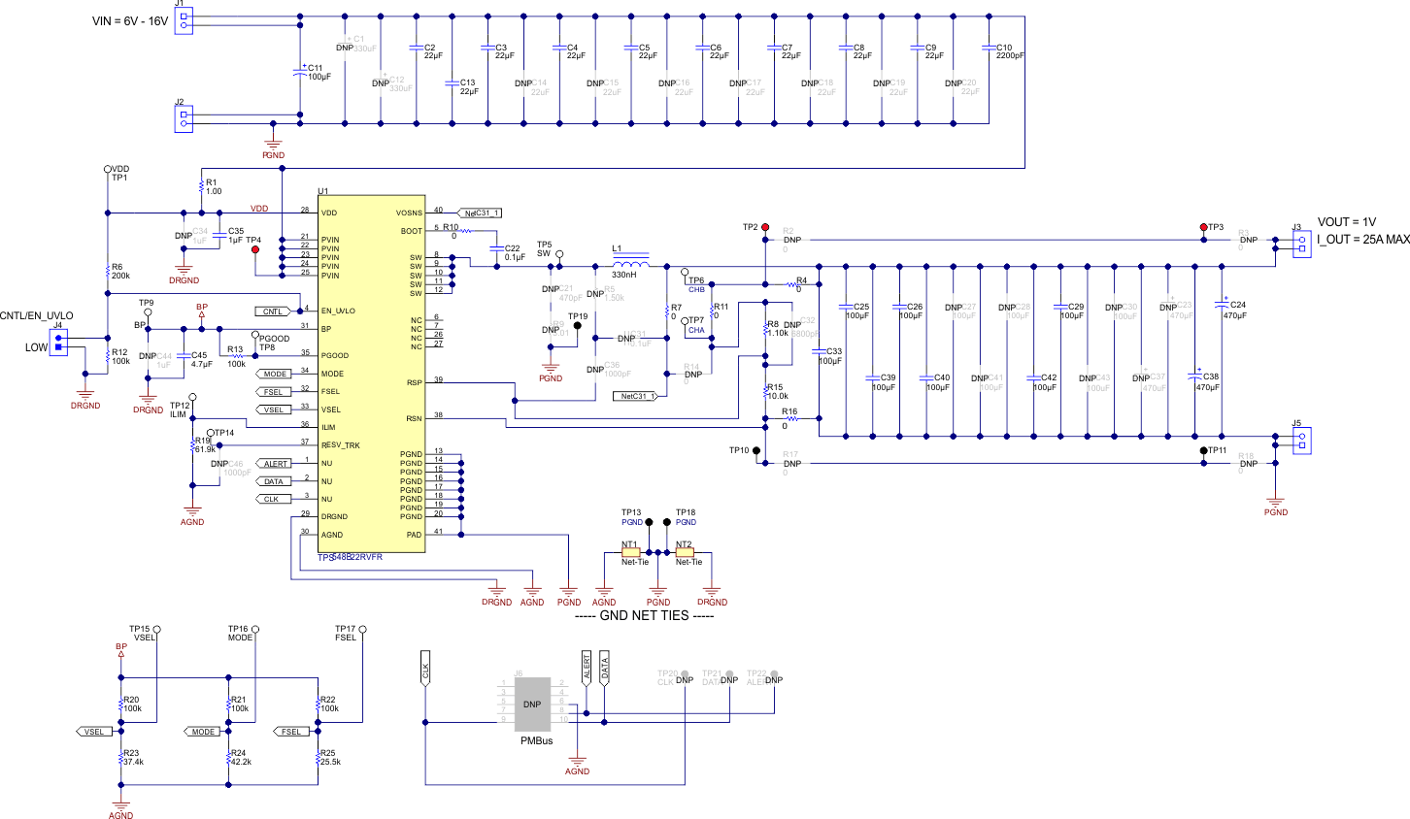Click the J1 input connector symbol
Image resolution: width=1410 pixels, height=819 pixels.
click(185, 20)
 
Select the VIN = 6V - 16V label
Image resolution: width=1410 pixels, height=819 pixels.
click(130, 21)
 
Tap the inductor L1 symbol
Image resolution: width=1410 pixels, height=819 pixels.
click(629, 265)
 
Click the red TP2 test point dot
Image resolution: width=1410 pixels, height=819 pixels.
click(765, 226)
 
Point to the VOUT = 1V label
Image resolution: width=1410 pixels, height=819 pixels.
click(1346, 222)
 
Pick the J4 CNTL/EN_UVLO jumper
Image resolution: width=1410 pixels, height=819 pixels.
click(58, 343)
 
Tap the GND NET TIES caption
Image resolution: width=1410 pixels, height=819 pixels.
click(657, 615)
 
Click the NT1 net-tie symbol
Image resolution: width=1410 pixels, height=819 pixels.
click(631, 552)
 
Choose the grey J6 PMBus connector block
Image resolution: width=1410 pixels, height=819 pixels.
click(532, 704)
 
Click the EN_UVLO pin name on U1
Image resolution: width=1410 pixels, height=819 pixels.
click(338, 311)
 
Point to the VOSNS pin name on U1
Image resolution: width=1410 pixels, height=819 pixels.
click(409, 213)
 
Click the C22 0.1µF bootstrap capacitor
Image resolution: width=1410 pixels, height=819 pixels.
click(497, 252)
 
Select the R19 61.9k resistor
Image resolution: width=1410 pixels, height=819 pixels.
click(193, 444)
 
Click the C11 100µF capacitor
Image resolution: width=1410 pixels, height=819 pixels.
click(300, 72)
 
